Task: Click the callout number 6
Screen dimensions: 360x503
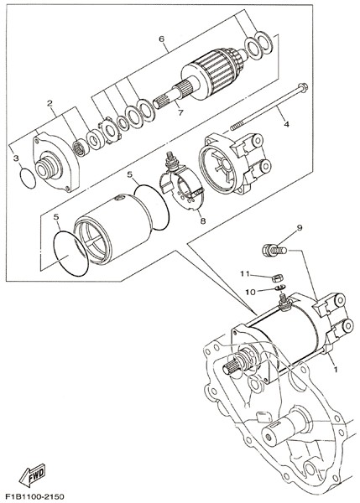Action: (x=161, y=39)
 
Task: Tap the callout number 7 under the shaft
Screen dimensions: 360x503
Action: (x=180, y=112)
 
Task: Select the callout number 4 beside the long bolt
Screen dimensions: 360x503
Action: (x=286, y=123)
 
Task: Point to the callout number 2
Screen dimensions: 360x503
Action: (x=50, y=103)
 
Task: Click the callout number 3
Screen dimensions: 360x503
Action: (x=16, y=158)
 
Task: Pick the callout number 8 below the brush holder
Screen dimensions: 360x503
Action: (x=202, y=220)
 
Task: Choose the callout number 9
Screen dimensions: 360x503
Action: (x=300, y=228)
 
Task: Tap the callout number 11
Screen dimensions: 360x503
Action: (x=245, y=273)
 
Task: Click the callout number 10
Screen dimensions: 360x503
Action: (x=251, y=292)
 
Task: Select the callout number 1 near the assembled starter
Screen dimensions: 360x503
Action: (x=336, y=369)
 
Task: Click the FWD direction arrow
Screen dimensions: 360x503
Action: (x=32, y=475)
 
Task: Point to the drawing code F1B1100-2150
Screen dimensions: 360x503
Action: (x=34, y=496)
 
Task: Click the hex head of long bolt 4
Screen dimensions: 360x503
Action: (x=302, y=86)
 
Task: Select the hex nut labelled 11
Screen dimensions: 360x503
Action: (x=277, y=277)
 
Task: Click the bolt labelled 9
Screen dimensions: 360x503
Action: (x=274, y=250)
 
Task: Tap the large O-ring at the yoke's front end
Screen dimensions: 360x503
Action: (x=70, y=253)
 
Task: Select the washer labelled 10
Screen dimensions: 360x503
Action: (x=280, y=287)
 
